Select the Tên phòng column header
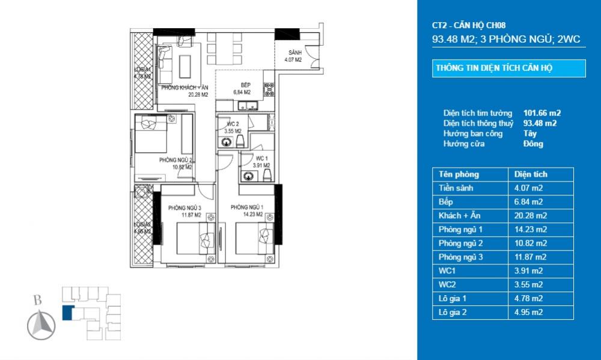tap(459, 174)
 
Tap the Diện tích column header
tap(531, 174)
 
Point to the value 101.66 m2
tap(542, 113)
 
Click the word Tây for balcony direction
tap(530, 133)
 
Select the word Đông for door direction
tap(533, 144)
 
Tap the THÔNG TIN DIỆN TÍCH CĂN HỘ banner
tap(508, 69)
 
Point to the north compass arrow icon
tap(41, 326)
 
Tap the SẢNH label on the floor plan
tap(294, 52)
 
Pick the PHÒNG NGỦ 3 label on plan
tap(184, 207)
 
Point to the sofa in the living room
tap(165, 63)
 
